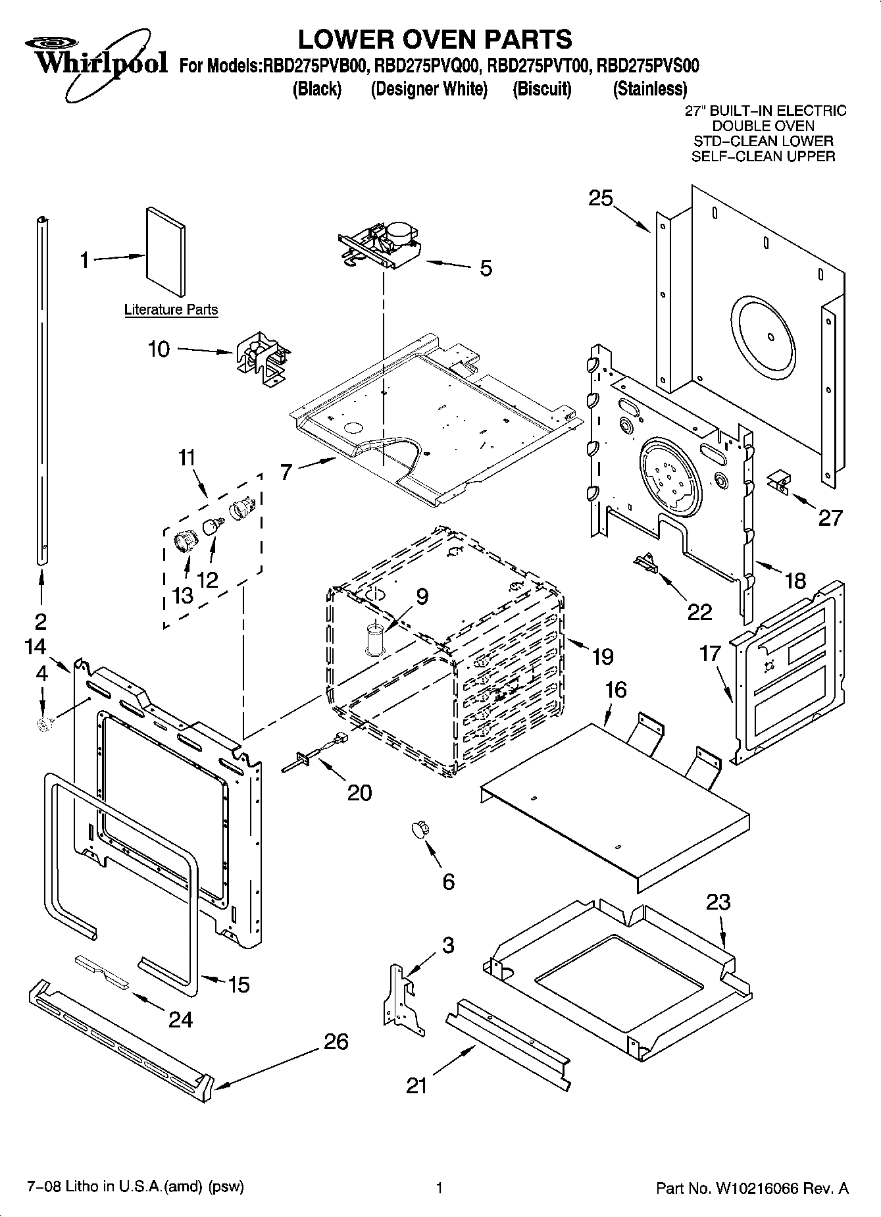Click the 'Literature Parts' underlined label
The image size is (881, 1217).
[171, 309]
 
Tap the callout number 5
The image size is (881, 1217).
[486, 269]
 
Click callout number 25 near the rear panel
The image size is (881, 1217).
[600, 198]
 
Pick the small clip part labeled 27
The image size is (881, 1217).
[780, 482]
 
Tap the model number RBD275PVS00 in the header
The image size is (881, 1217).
[648, 66]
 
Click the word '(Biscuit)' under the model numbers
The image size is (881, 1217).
[541, 89]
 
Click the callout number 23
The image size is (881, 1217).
[718, 902]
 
